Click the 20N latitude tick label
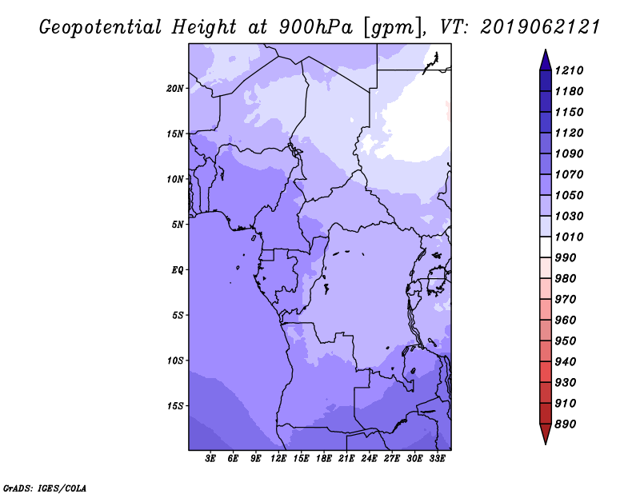(175, 89)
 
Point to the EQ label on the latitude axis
(178, 270)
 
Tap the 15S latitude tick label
(175, 406)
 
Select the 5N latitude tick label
(178, 225)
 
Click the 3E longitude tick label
(210, 459)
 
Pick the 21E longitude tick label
(346, 459)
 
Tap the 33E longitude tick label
(437, 459)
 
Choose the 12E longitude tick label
(278, 459)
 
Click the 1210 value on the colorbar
(569, 70)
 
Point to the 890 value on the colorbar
(566, 424)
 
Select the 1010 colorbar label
(569, 237)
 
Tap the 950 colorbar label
(566, 341)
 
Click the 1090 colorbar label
(569, 153)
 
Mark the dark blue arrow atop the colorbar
(546, 61)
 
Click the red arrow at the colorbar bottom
(546, 434)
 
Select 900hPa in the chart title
(315, 27)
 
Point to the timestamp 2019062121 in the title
(540, 27)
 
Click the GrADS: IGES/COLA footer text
(45, 488)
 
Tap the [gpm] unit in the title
(393, 28)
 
